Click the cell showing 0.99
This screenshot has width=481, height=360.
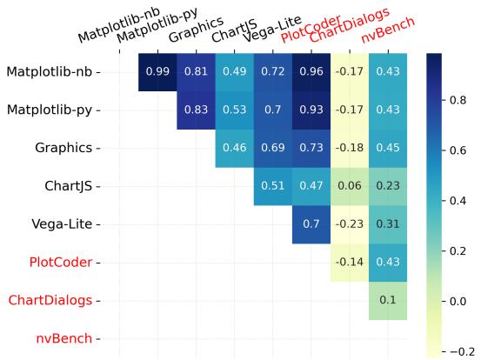(157, 71)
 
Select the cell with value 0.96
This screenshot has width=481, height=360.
(311, 71)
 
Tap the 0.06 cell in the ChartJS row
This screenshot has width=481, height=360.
(349, 185)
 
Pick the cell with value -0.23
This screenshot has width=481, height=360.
(349, 223)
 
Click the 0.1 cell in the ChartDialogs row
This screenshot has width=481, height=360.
(387, 300)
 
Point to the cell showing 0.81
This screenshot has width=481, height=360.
(196, 71)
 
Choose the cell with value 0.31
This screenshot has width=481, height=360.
(387, 223)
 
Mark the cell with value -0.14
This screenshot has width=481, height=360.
(349, 262)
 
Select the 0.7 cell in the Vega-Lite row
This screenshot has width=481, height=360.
(311, 223)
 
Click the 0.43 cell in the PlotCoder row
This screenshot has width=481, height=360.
(387, 262)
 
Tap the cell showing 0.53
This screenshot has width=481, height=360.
(234, 110)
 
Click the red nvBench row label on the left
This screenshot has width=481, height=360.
(63, 338)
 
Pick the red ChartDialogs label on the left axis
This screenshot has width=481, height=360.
(50, 300)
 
